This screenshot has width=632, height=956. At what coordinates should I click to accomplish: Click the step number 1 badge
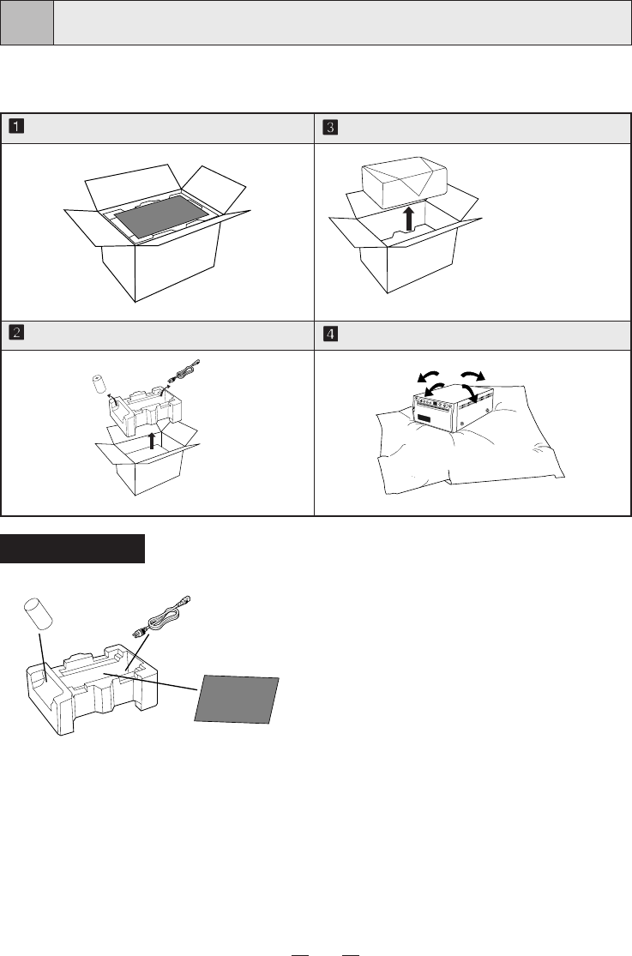16,127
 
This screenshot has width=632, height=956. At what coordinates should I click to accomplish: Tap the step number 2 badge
16,333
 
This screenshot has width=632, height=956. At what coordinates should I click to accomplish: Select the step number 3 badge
330,128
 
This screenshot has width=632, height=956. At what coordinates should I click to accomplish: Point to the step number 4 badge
330,334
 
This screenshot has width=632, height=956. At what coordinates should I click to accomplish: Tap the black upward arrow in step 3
409,218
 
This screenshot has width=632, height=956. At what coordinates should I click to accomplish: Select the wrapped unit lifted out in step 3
405,180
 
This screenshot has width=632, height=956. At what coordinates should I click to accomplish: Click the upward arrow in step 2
152,440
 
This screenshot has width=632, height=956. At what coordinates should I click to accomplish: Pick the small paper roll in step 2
100,385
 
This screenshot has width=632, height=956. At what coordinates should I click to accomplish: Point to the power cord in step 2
183,372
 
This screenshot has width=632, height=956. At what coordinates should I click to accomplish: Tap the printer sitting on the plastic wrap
452,408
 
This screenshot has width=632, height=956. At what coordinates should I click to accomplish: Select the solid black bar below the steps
73,549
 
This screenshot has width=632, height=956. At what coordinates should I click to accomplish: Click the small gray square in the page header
27,22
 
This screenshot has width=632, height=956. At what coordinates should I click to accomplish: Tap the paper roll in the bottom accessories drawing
38,614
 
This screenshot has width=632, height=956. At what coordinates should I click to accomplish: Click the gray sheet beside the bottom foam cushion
237,700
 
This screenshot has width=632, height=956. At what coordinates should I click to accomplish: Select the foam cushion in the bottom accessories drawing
92,689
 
